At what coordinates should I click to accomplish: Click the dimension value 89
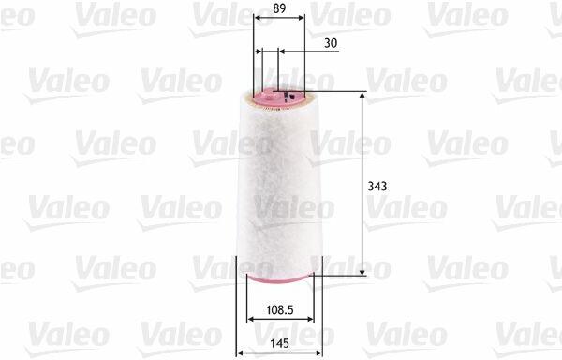pos(279,8)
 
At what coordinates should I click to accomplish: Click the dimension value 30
pos(331,43)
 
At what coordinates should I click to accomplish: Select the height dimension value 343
pos(377,187)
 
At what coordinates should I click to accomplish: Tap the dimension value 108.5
pos(280,309)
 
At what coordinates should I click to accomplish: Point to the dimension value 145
pos(279,343)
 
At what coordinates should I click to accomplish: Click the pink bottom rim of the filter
pos(280,277)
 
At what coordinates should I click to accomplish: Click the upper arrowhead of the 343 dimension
pos(362,95)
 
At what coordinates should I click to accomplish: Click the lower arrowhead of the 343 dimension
pos(362,272)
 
